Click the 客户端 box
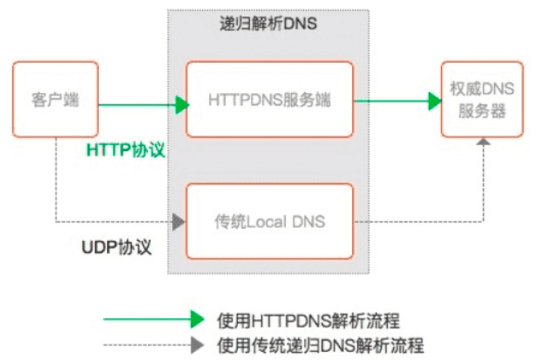(x=55, y=100)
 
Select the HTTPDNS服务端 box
(x=270, y=100)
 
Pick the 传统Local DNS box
(x=270, y=221)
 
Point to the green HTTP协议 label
(x=127, y=150)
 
